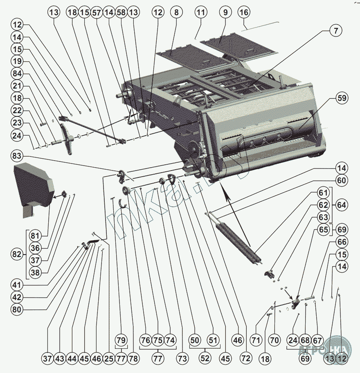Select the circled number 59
point(341,98)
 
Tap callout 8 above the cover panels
point(176,12)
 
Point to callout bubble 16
point(243,12)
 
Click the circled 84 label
point(18,74)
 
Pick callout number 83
point(18,156)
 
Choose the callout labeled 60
point(342,180)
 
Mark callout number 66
point(342,242)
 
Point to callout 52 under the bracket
point(205,358)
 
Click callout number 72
point(245,358)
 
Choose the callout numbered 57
point(97,12)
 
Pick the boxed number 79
point(121,340)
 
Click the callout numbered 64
point(342,205)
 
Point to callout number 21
point(18,86)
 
